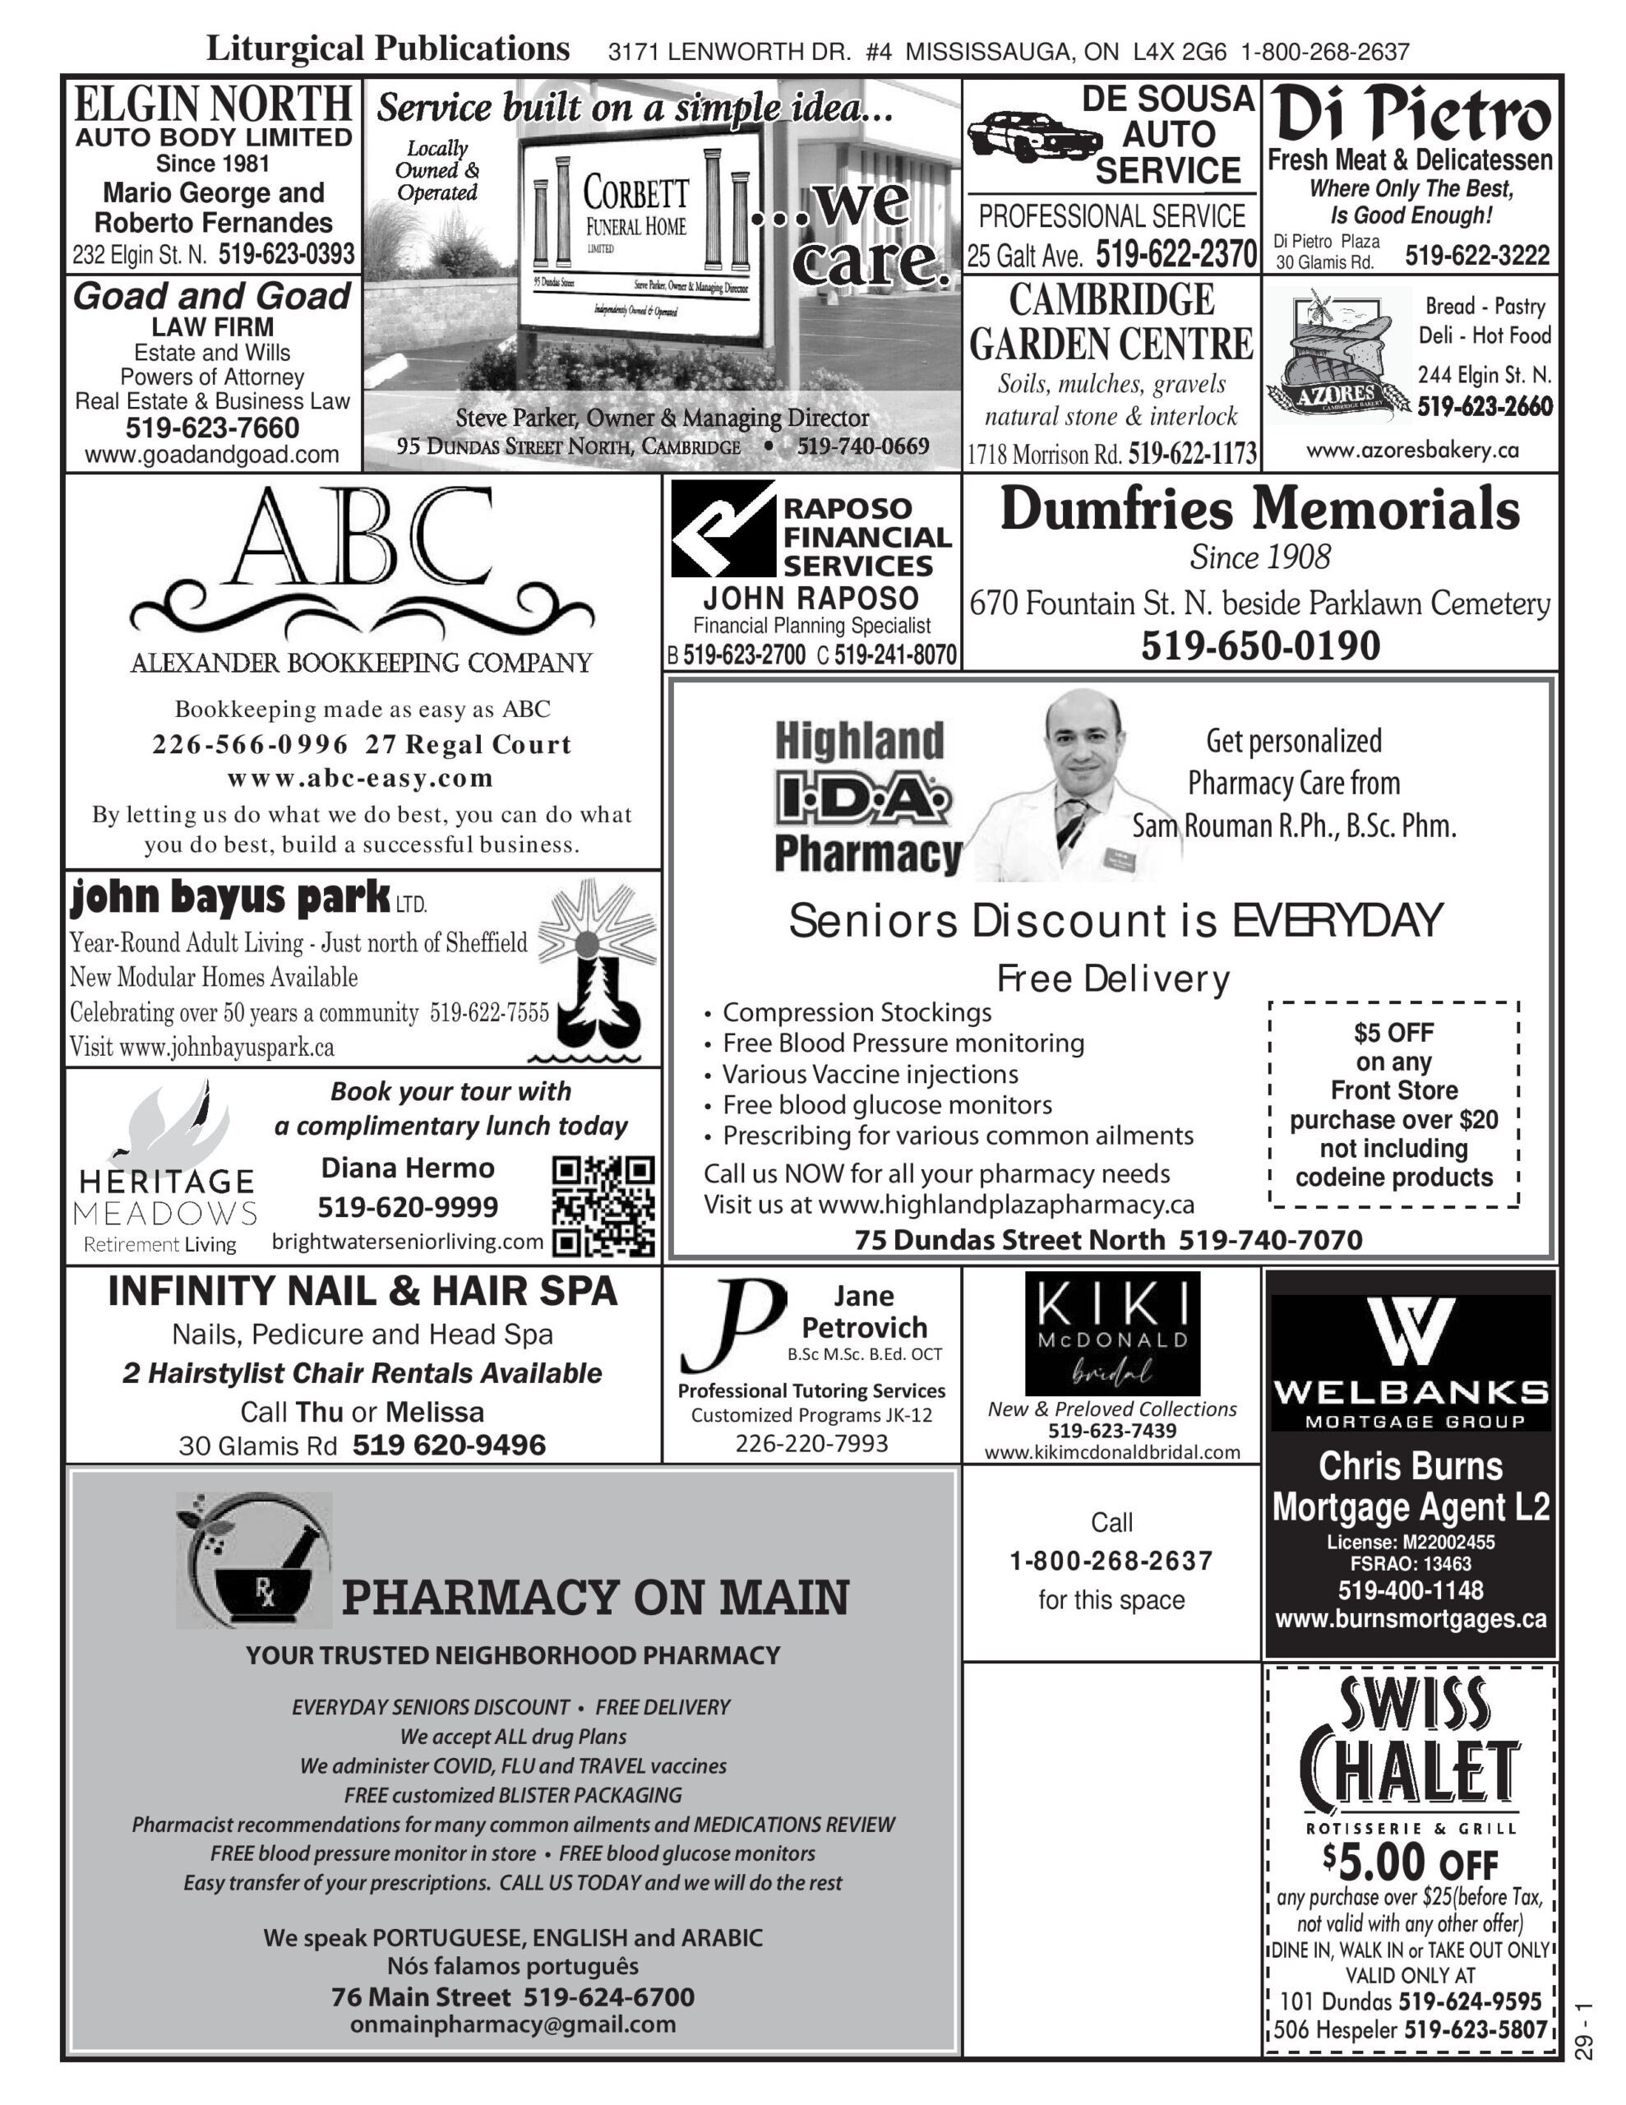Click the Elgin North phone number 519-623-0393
(286, 254)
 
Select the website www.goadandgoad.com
(212, 454)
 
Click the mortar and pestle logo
(255, 1560)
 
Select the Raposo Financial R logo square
(723, 528)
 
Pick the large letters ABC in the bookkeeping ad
(361, 539)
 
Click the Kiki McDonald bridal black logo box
(1111, 1333)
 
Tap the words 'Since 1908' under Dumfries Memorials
(1259, 557)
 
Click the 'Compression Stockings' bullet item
(856, 1012)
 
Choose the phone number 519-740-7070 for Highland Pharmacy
(1269, 1239)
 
